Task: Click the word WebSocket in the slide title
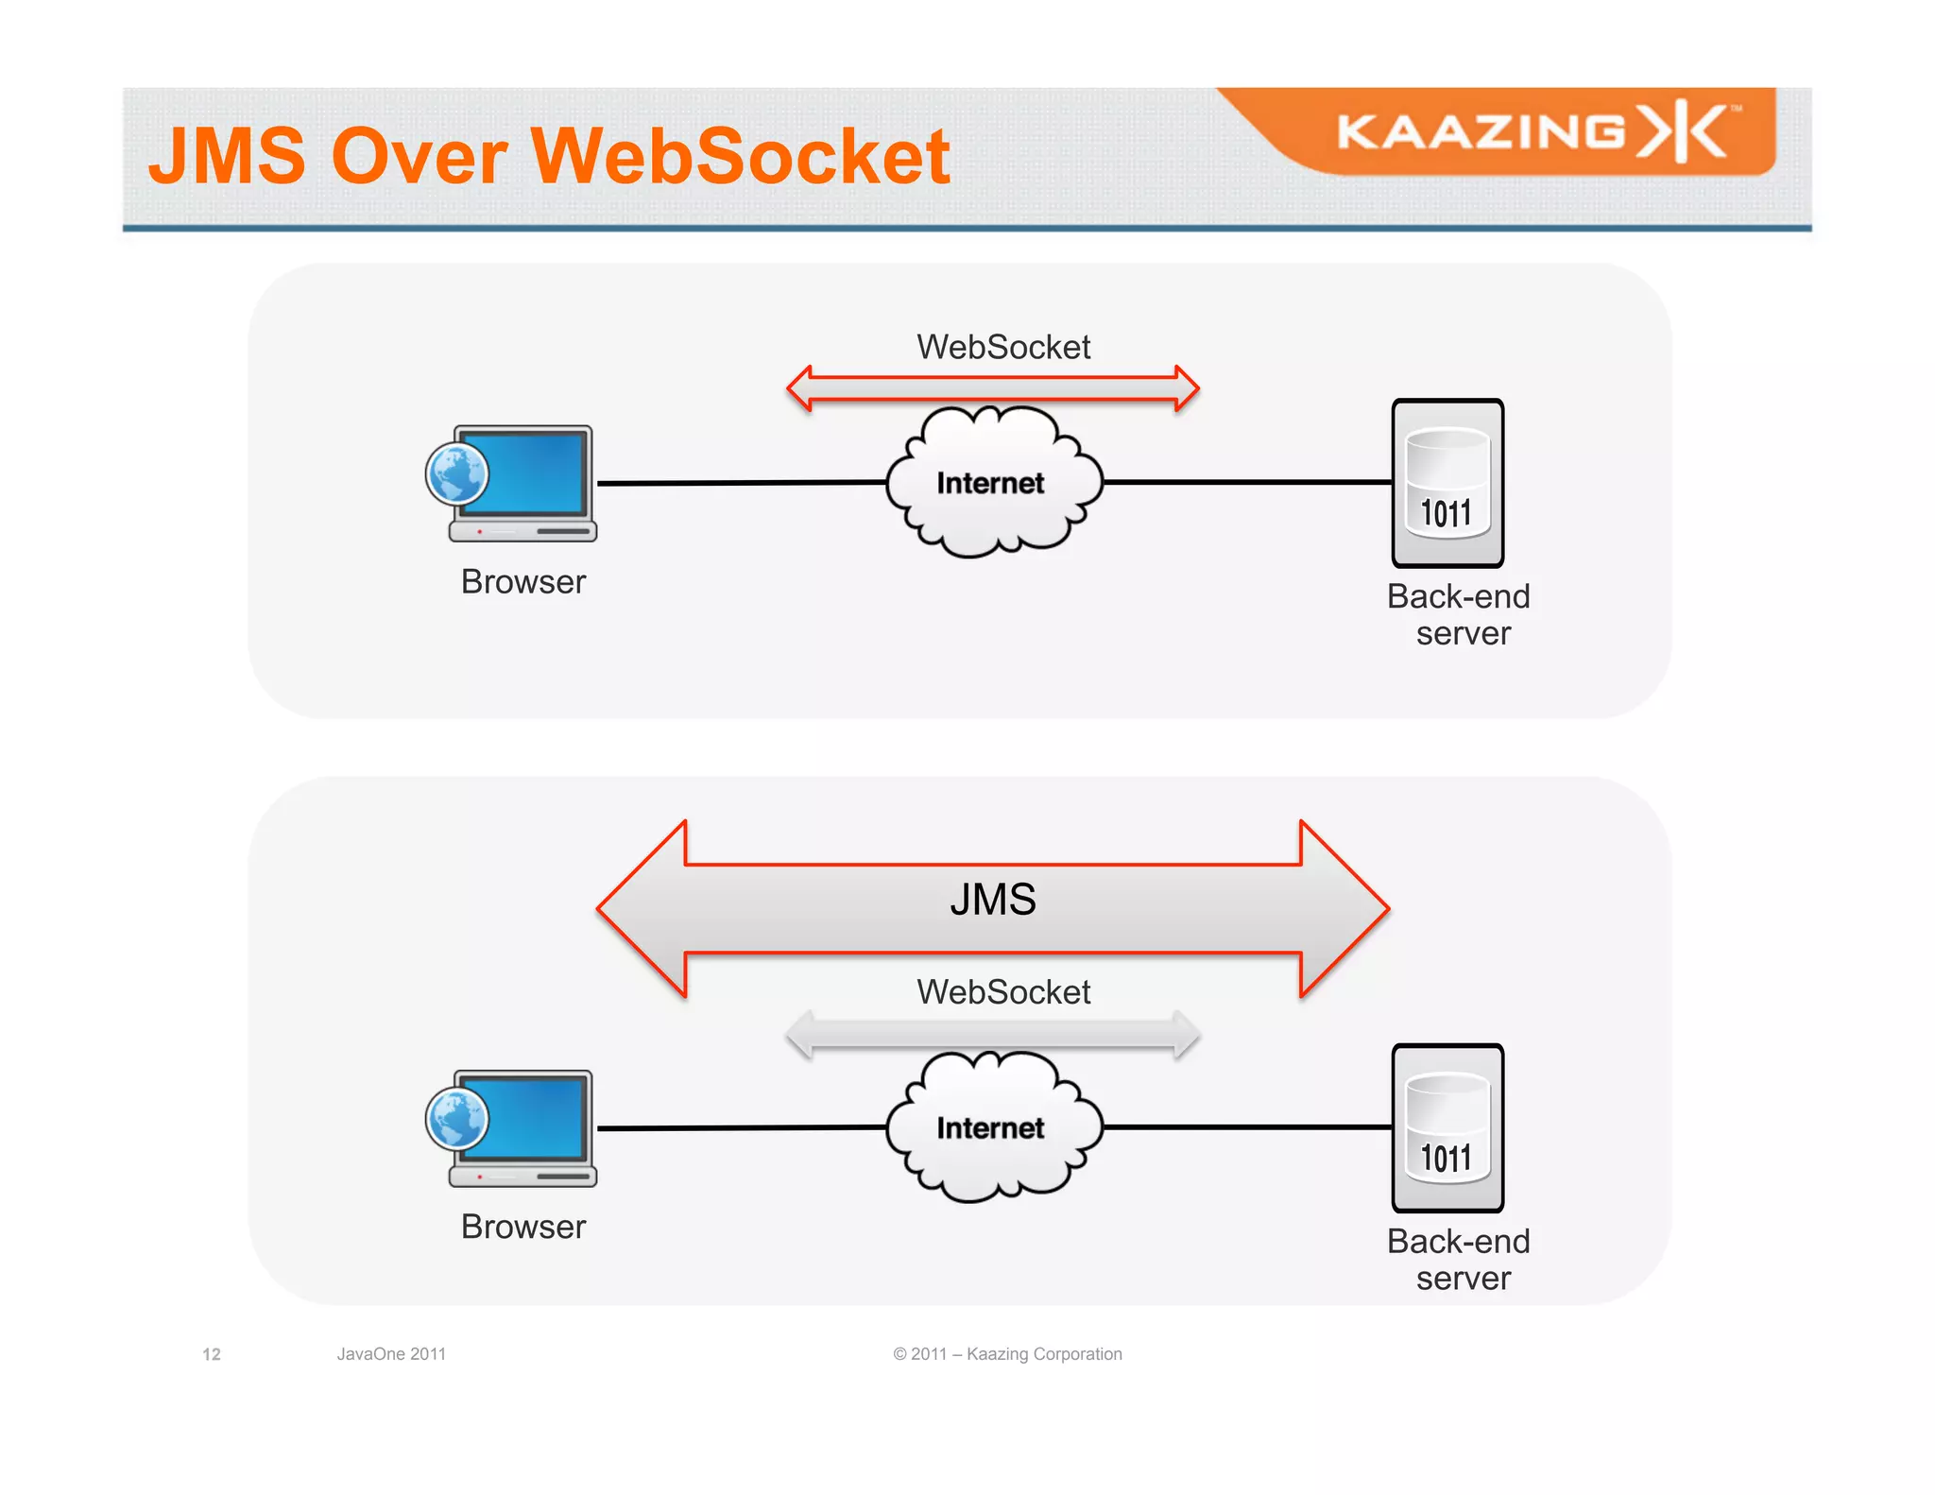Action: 740,156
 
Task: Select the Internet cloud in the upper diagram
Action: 992,483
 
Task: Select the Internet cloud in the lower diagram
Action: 992,1127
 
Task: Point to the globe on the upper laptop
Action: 457,473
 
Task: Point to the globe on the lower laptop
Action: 457,1118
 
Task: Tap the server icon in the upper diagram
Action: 1447,483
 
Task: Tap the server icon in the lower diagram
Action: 1447,1127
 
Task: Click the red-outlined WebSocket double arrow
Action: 992,388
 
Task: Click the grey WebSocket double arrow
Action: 992,1034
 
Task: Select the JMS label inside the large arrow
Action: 992,899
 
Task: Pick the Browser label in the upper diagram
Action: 523,582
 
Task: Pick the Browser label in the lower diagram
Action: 523,1227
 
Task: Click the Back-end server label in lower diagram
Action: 1460,1260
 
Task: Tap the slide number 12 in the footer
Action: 212,1354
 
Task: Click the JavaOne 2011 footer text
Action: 391,1354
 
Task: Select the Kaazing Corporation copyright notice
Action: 1007,1354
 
